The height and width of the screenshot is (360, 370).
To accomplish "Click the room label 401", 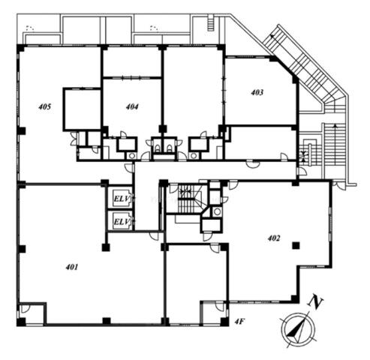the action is point(72,267).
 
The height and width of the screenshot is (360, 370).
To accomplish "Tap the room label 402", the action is point(274,238).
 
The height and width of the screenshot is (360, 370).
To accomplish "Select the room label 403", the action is point(257,92).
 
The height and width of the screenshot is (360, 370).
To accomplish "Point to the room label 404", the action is point(132,106).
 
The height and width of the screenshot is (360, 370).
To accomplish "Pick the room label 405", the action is point(45,106).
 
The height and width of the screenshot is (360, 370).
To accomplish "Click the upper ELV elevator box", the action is point(122,199).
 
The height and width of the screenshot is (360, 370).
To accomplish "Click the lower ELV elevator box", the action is point(122,221).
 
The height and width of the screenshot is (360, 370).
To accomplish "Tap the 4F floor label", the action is point(239,322).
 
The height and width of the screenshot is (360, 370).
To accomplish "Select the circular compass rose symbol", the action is point(297,328).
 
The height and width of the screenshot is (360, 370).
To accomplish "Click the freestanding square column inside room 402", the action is point(296,245).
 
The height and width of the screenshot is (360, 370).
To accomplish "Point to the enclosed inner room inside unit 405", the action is point(82,109).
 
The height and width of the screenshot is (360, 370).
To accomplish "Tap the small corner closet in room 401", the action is point(32,313).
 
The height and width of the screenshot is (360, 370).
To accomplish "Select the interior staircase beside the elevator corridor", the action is point(186,199).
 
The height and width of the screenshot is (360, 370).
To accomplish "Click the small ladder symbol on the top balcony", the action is point(210,23).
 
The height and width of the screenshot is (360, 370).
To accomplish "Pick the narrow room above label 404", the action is point(132,62).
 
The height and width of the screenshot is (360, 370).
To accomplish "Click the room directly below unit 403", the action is point(260,142).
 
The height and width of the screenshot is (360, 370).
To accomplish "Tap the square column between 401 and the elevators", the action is point(106,247).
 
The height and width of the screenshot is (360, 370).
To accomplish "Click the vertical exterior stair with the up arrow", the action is point(335,150).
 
